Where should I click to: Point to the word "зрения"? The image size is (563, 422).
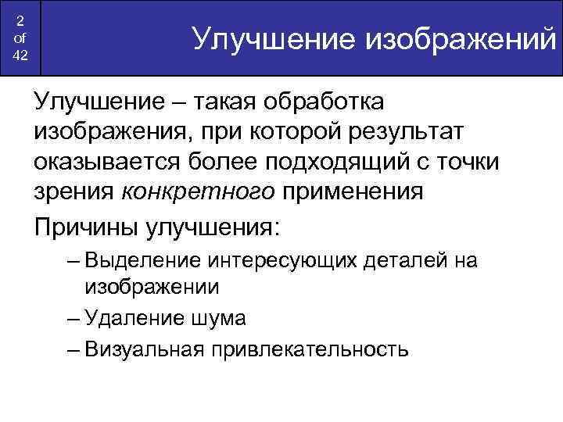pos(74,192)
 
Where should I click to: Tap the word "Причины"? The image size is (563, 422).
pos(84,227)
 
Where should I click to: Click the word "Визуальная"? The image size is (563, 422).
pos(144,349)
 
